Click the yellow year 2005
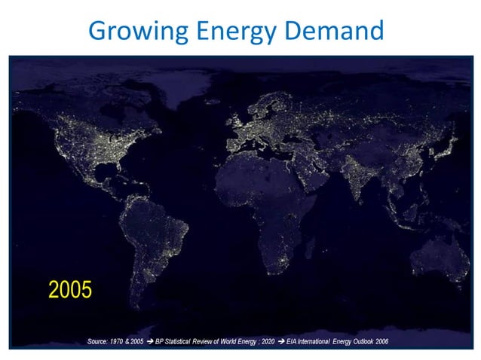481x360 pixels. pos(70,289)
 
